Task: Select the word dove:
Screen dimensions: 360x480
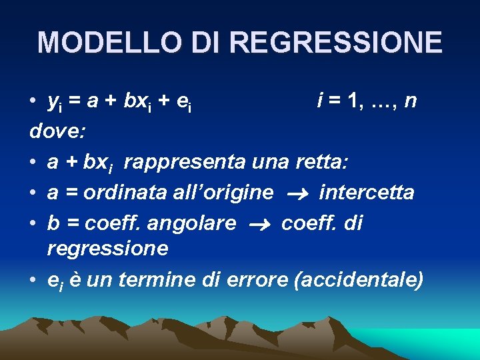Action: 57,131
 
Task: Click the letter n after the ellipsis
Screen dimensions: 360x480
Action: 411,101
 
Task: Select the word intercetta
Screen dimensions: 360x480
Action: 367,193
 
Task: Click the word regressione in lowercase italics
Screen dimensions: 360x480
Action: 107,249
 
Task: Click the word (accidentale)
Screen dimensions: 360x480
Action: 358,280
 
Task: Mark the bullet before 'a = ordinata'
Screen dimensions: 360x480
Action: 33,193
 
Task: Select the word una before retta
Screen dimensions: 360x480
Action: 270,162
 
